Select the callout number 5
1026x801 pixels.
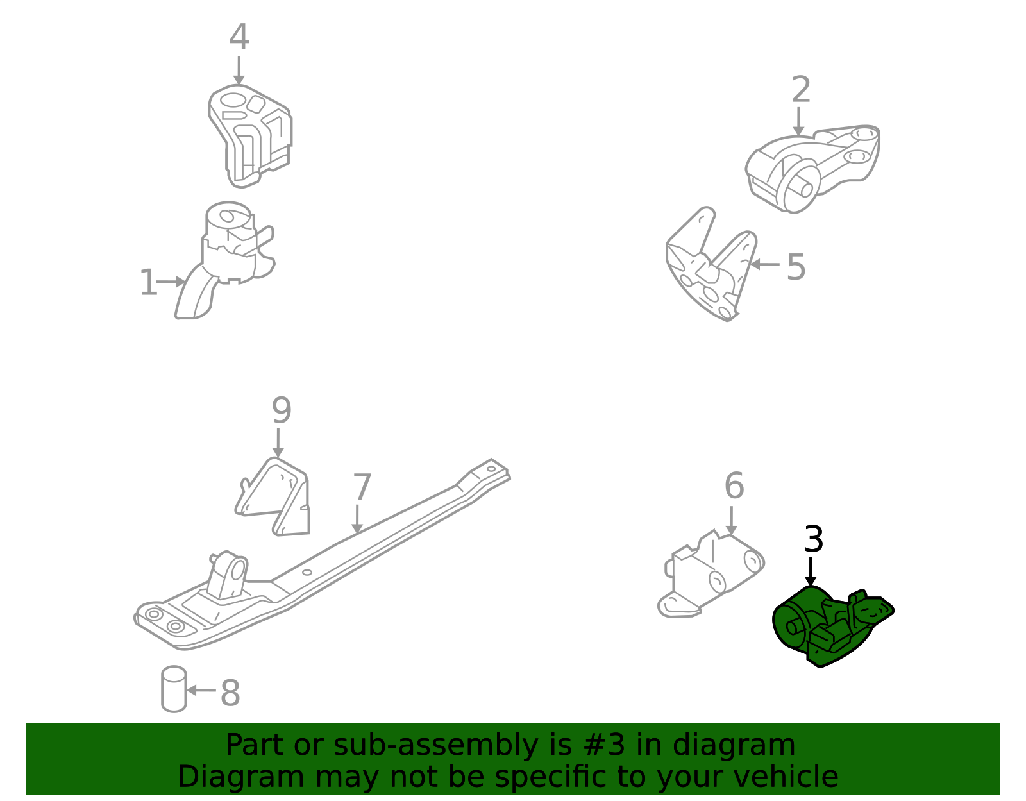click(796, 267)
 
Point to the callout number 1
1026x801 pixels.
click(148, 282)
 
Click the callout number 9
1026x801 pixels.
click(282, 410)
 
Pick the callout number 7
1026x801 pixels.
click(362, 487)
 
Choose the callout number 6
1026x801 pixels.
click(734, 485)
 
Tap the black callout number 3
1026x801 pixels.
click(814, 539)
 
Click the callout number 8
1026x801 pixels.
click(230, 693)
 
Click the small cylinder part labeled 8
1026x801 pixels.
click(174, 689)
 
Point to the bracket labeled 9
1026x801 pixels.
click(274, 497)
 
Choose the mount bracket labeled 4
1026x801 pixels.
click(249, 135)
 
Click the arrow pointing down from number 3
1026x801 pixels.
click(811, 571)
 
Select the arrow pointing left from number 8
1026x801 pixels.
click(201, 691)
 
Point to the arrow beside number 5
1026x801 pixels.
click(765, 264)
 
